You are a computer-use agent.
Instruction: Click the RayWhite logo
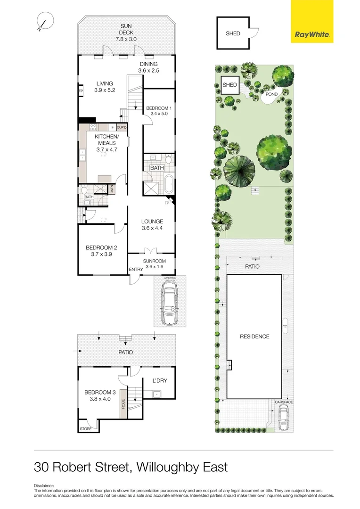311,21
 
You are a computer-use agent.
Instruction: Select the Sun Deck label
126,30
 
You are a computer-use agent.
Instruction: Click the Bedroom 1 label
159,111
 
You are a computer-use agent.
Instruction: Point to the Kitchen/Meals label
106,143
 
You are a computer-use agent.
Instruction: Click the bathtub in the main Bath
169,182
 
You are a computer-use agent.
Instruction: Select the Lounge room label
152,225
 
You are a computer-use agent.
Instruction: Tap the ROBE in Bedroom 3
123,404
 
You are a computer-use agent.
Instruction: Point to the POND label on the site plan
271,94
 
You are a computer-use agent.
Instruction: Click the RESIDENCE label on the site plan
255,337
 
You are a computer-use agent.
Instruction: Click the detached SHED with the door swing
233,33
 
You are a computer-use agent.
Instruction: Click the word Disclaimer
44,485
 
